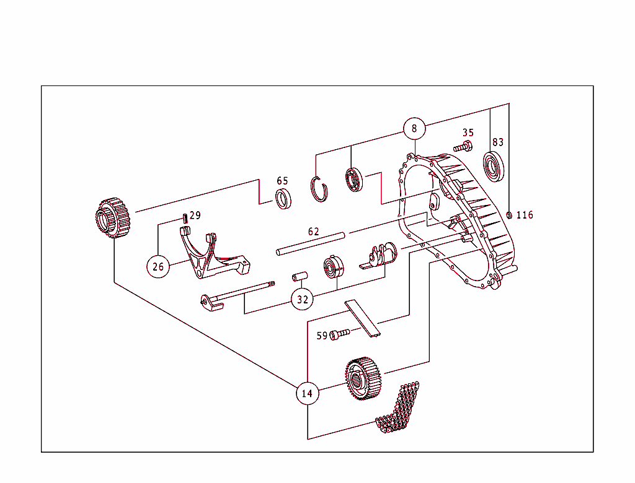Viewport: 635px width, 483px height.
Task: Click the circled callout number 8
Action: tap(414, 129)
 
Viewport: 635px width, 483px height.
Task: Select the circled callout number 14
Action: tap(307, 393)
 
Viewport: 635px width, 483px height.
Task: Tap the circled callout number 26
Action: tap(158, 266)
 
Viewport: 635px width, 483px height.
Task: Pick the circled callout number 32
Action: tap(303, 299)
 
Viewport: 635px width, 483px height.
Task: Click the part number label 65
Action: tap(282, 181)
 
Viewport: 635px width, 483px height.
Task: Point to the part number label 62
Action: tap(314, 232)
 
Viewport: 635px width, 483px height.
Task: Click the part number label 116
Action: tap(525, 215)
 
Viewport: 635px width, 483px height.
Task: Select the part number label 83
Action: tap(498, 142)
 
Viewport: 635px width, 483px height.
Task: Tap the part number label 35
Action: tap(468, 133)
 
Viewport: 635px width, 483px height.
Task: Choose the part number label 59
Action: tap(322, 336)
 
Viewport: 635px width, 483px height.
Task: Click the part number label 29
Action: tap(195, 215)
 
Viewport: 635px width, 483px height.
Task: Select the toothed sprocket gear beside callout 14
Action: tap(362, 378)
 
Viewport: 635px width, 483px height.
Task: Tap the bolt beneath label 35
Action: tap(463, 147)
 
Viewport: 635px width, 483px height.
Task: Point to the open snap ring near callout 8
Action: tap(319, 189)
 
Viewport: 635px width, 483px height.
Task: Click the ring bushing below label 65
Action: tap(283, 199)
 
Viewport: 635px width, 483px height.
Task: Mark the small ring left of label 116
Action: tap(509, 215)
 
